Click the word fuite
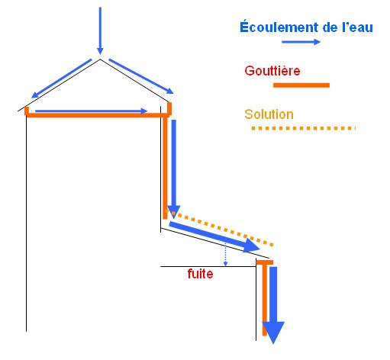click(x=200, y=274)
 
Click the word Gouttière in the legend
click(x=272, y=71)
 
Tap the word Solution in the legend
click(x=269, y=114)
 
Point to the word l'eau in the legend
click(x=357, y=27)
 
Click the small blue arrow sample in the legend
click(x=301, y=42)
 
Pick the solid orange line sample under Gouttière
click(x=301, y=85)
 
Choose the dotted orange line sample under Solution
click(x=303, y=128)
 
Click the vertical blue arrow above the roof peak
click(x=100, y=31)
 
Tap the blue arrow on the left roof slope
click(x=61, y=79)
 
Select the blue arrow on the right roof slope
click(x=141, y=76)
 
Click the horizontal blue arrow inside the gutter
click(x=92, y=111)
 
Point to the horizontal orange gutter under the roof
click(x=98, y=115)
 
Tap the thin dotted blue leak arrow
click(x=225, y=254)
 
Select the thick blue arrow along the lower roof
click(x=214, y=237)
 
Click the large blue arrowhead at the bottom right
click(x=273, y=332)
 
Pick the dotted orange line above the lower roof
click(x=219, y=227)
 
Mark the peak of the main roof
click(x=100, y=59)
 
